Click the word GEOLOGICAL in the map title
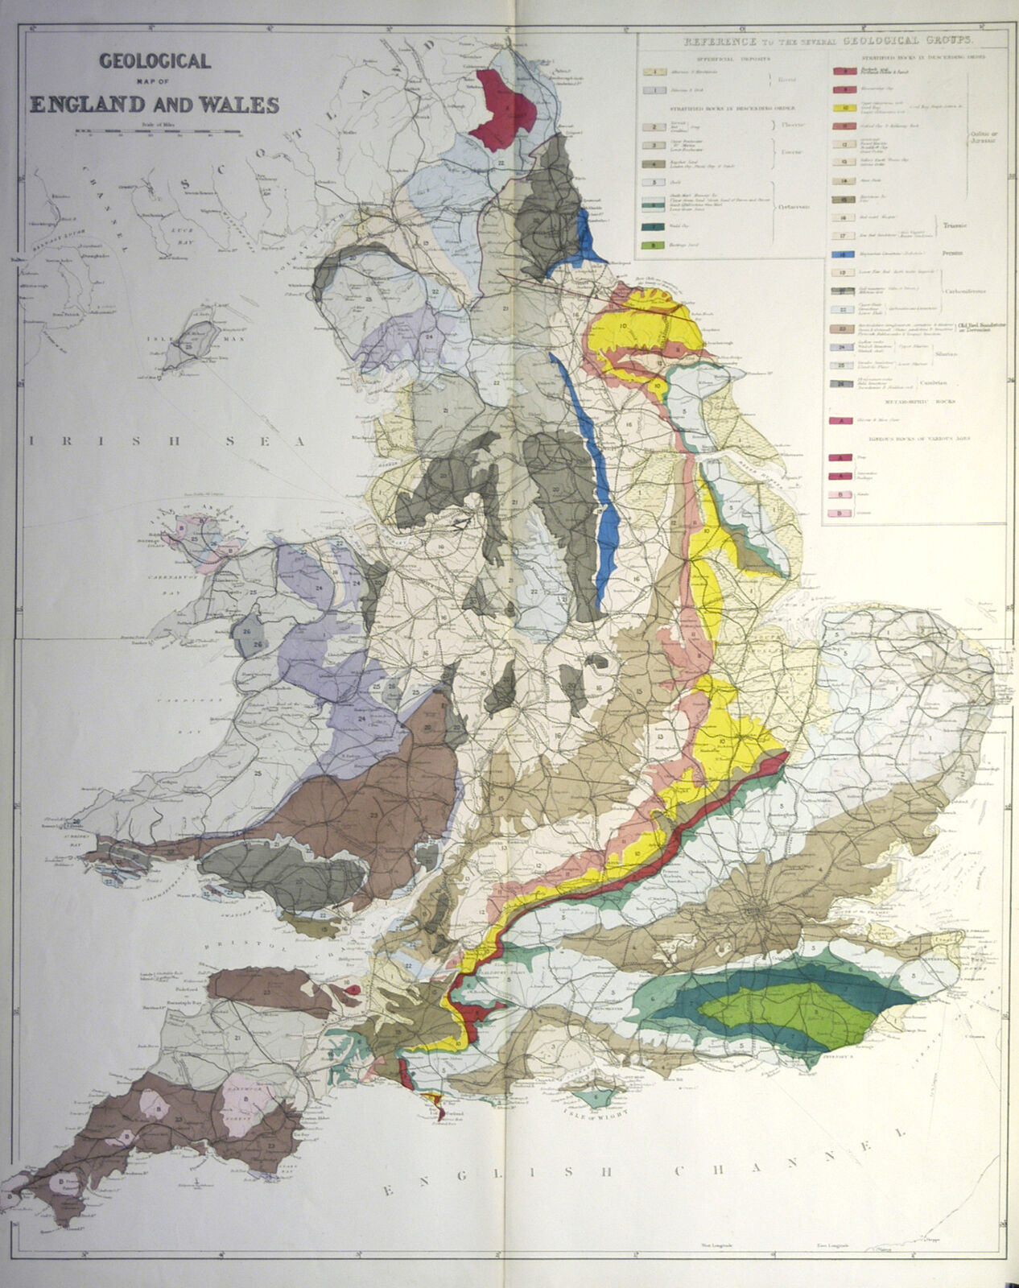point(154,61)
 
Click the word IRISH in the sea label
point(64,441)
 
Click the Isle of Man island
point(194,344)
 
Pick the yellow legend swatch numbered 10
point(842,107)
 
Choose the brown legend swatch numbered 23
point(842,328)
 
